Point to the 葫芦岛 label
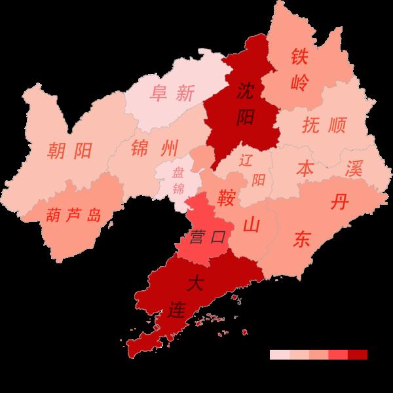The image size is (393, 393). coord(74,214)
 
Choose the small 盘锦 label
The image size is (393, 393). coord(178,181)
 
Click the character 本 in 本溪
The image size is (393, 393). coord(305,168)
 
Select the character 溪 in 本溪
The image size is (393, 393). coord(354,168)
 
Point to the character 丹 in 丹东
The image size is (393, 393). coord(339,202)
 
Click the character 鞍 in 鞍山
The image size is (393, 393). coord(227,196)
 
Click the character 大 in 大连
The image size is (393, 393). coord(195,284)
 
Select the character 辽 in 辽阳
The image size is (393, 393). coord(246,159)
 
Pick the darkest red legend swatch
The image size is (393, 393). coord(358,354)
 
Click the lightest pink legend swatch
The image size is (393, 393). coord(279,354)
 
